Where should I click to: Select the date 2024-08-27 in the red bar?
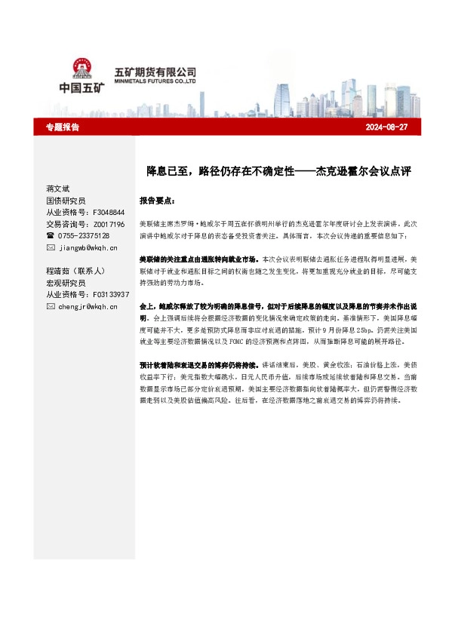click(386, 127)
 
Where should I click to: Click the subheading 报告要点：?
click(158, 201)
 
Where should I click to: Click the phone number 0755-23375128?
click(85, 235)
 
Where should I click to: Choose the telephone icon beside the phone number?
click(51, 235)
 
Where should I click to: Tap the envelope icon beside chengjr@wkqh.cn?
click(51, 307)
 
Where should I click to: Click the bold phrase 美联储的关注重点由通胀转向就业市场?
click(199, 259)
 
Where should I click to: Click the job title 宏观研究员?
click(66, 283)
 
